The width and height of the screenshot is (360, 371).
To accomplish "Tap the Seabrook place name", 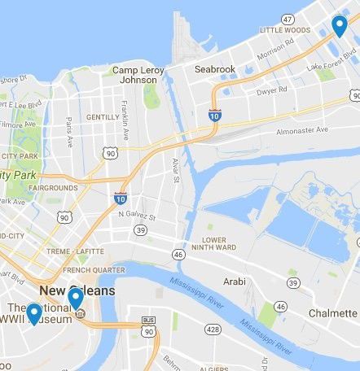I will click(214, 69).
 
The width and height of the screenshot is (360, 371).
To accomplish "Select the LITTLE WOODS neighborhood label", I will click(284, 30).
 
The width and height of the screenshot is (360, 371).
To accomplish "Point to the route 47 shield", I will click(287, 18).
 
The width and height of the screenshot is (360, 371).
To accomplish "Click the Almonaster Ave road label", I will click(301, 130).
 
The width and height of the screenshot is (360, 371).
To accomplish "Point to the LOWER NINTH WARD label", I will click(209, 243).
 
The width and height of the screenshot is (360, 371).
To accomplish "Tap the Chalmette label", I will click(332, 313).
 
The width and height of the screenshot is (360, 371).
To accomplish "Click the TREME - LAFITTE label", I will click(75, 252).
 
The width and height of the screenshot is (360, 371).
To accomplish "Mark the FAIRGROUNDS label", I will click(53, 187).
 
